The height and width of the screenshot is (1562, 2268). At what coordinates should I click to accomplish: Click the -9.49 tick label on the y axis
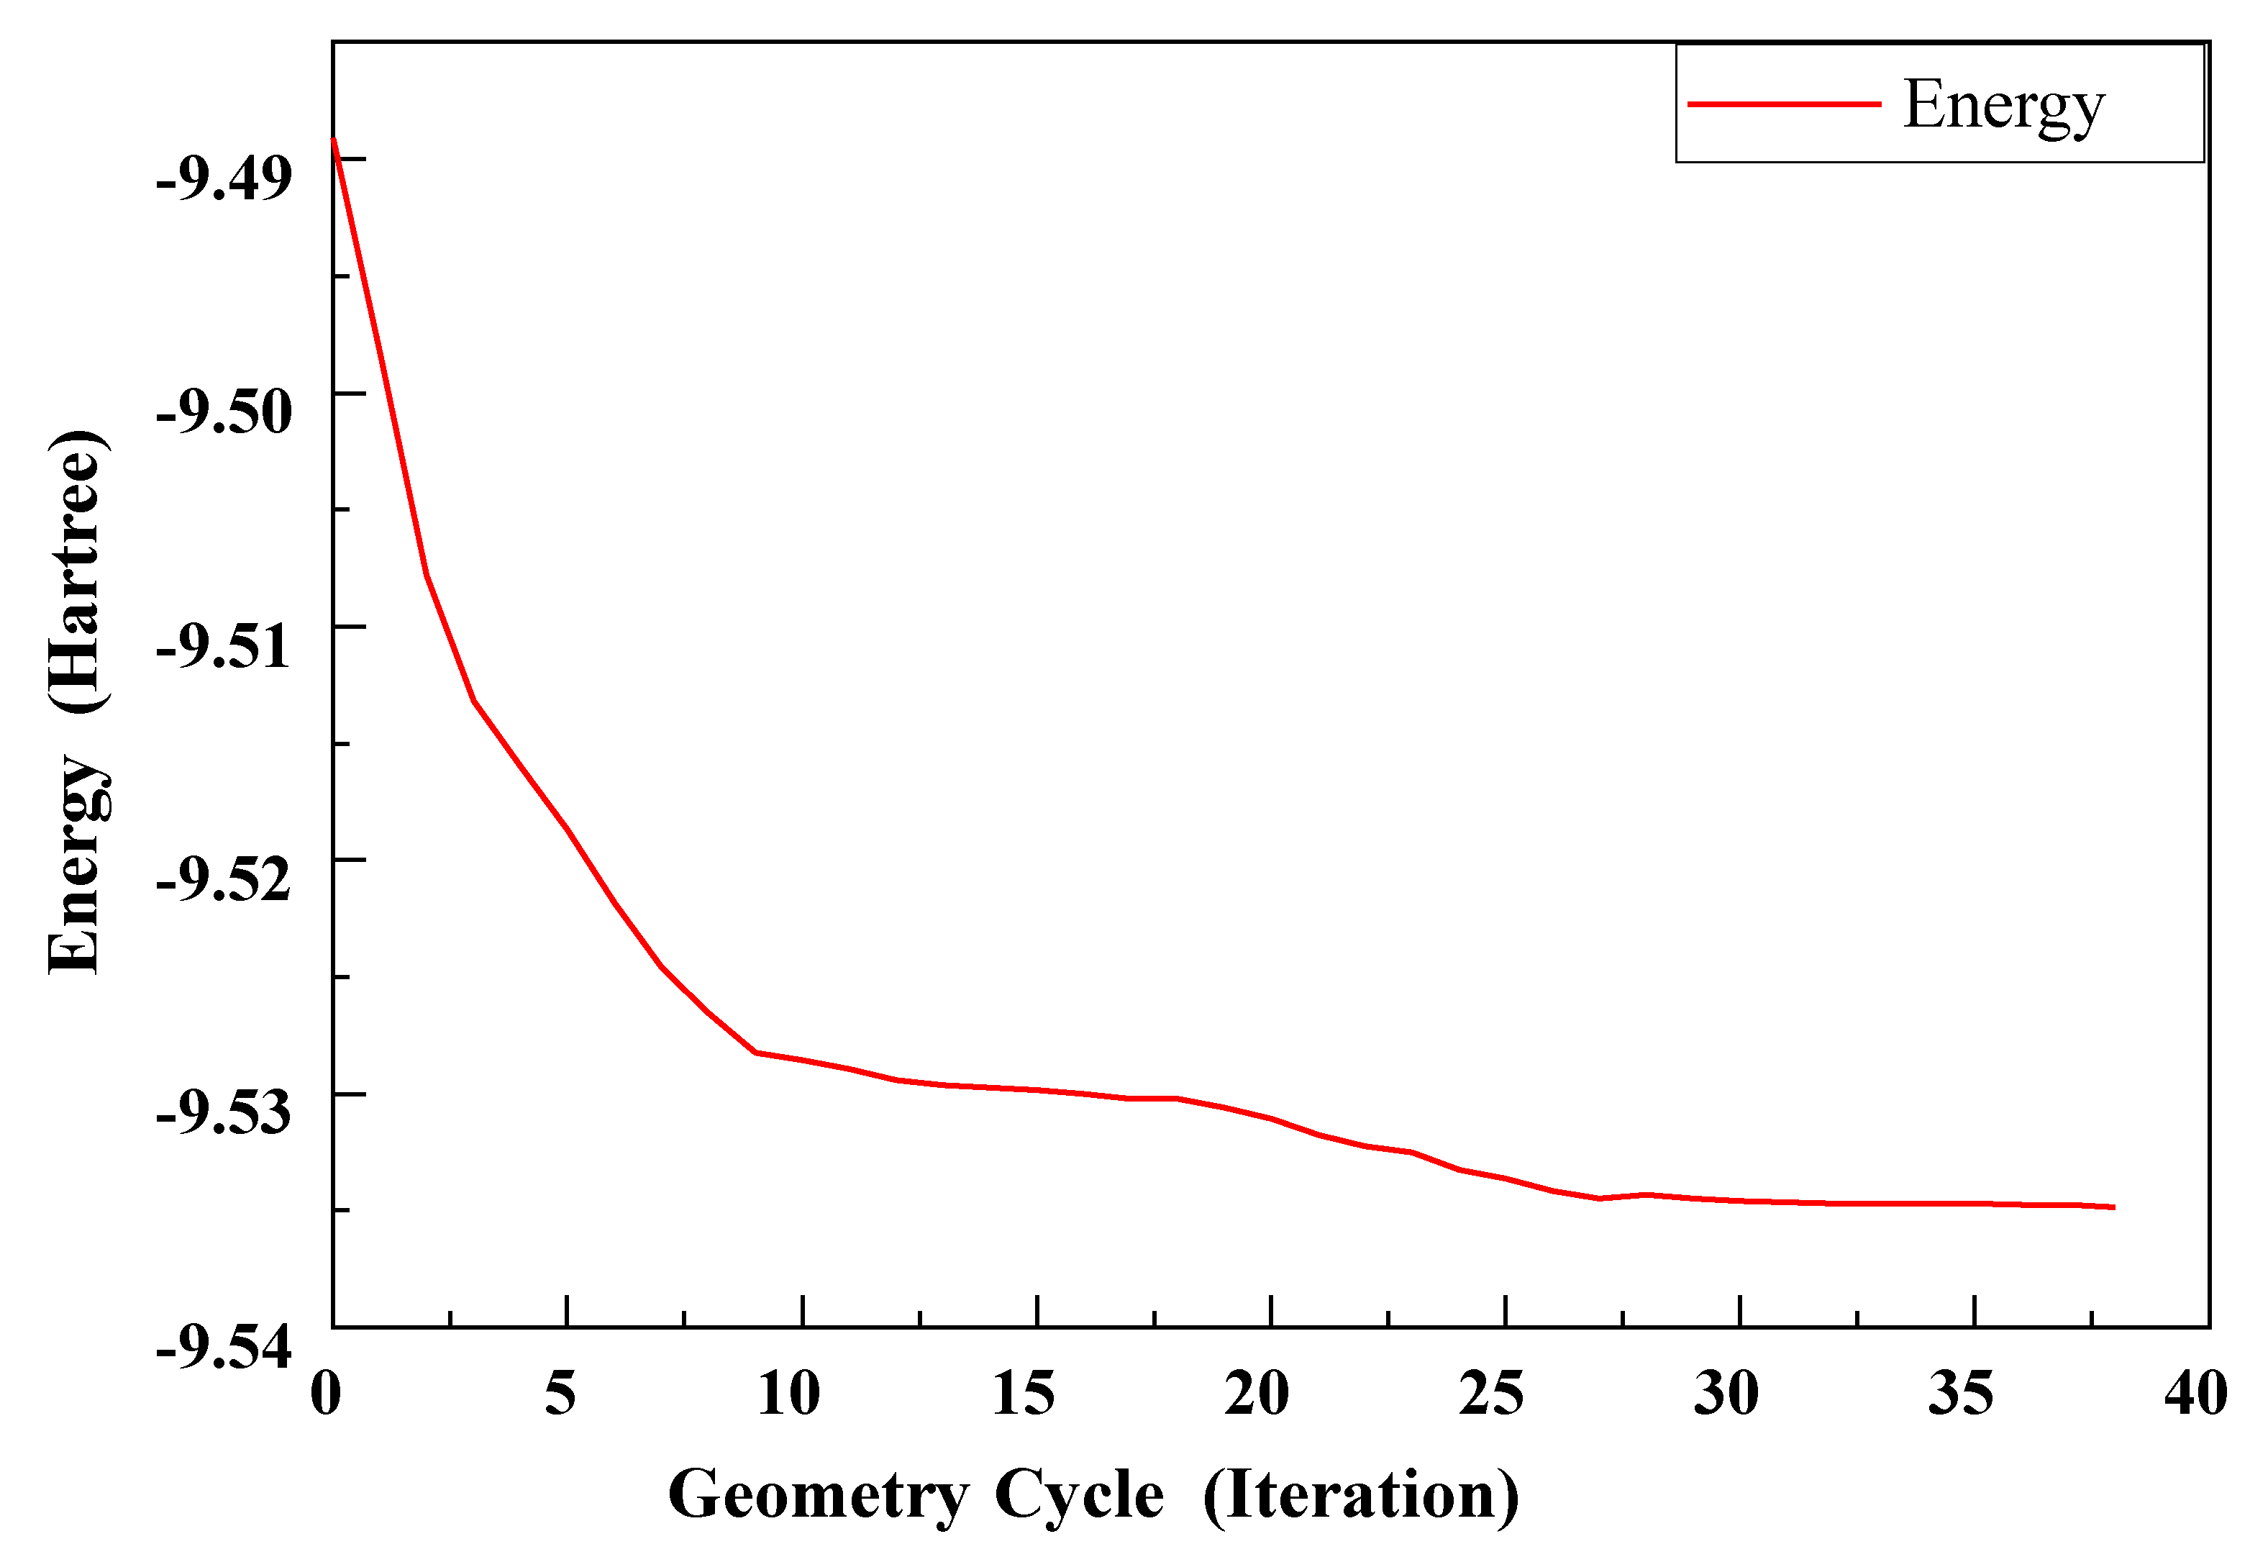tap(223, 179)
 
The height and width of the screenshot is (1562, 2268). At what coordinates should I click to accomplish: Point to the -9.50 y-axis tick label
tap(223, 412)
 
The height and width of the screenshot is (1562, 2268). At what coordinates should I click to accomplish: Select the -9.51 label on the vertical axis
tap(223, 646)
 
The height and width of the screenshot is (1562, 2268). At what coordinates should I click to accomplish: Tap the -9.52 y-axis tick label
tap(223, 879)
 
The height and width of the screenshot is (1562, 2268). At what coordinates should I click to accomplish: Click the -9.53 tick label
tap(223, 1113)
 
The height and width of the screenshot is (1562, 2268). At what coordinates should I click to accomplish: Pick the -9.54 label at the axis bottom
tap(223, 1348)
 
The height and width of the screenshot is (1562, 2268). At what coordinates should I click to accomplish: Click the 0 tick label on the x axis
tap(326, 1393)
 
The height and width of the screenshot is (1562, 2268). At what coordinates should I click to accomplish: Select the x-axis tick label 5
tap(560, 1393)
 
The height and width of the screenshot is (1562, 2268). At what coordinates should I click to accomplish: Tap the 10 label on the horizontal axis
tap(788, 1393)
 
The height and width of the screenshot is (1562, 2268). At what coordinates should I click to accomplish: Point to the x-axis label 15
tap(1024, 1393)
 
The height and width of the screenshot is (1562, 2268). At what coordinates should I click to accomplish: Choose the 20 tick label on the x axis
tap(1257, 1393)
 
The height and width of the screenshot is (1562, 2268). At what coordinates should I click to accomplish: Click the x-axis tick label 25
tap(1491, 1393)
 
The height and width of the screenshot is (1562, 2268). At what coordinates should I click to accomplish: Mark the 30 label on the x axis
tap(1726, 1393)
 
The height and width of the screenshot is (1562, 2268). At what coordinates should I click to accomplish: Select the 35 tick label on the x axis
tap(1961, 1393)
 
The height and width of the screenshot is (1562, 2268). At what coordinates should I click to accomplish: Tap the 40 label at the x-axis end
tap(2195, 1393)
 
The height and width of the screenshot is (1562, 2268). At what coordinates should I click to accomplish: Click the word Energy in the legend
tap(2004, 106)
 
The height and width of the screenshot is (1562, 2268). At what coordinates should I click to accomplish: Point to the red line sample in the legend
tap(1784, 104)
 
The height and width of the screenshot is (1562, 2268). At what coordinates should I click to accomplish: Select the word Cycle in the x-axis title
tap(1079, 1496)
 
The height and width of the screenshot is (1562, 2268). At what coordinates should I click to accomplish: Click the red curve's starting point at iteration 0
tap(334, 140)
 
